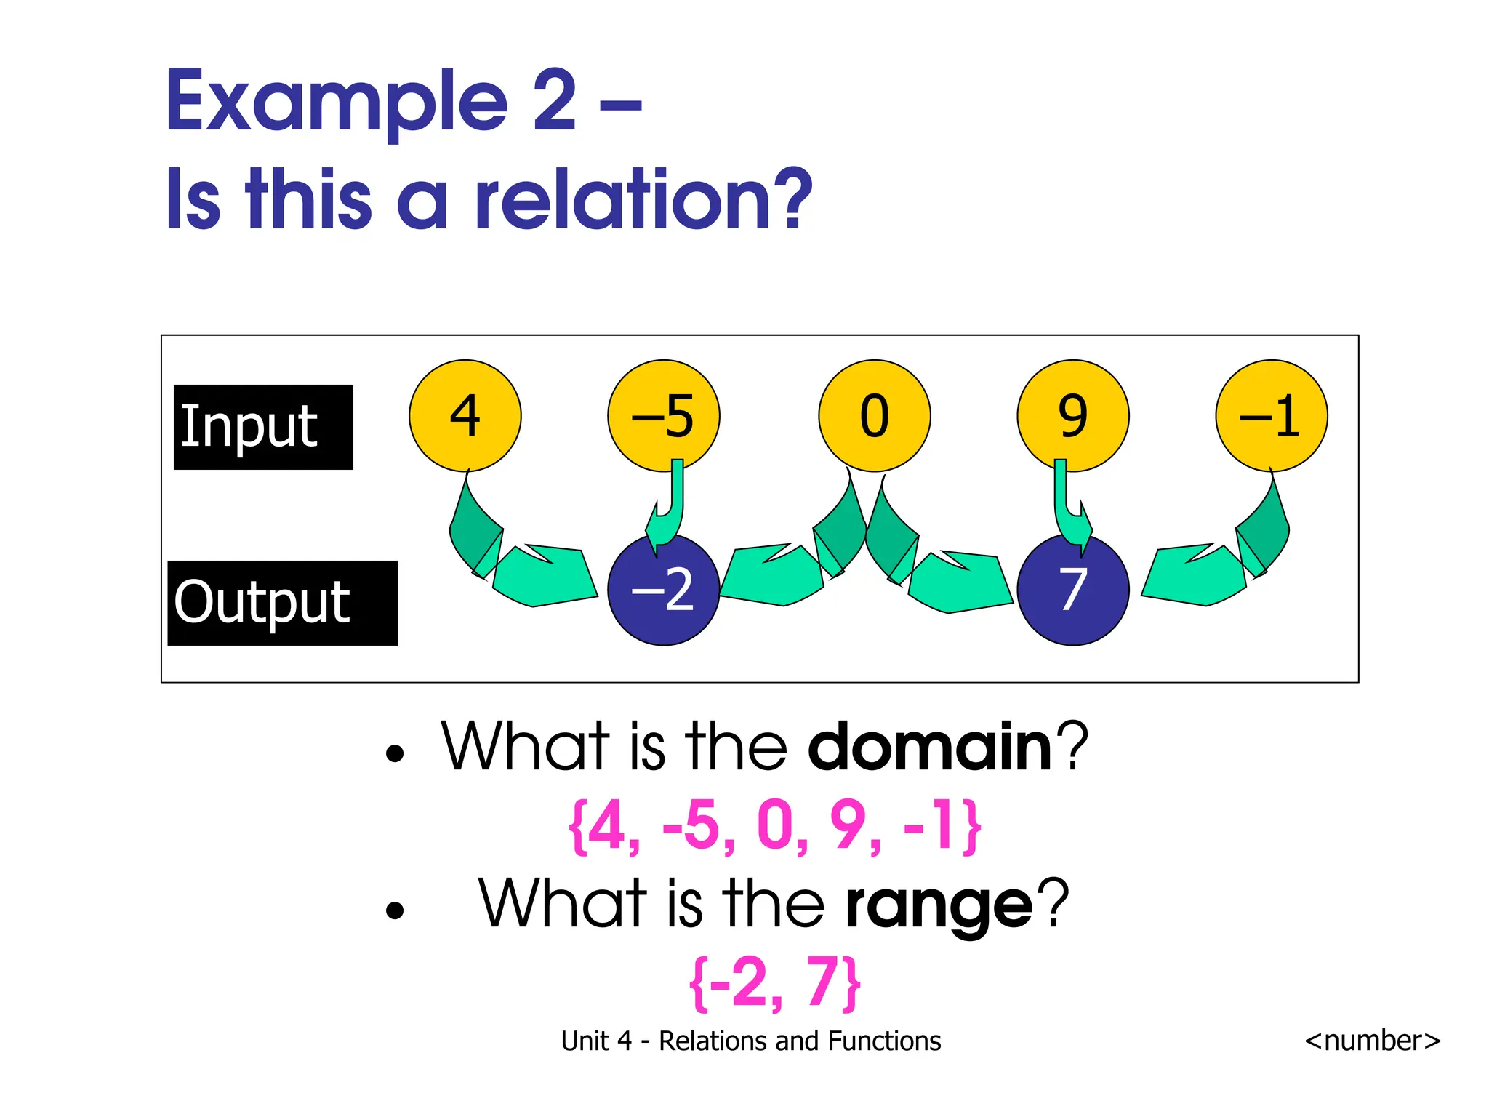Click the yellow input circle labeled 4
(465, 415)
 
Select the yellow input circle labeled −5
(663, 415)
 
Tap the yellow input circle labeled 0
(874, 415)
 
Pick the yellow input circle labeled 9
(1072, 415)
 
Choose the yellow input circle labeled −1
(1271, 415)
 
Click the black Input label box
(263, 427)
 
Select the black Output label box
(282, 603)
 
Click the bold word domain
(930, 747)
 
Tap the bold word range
(939, 904)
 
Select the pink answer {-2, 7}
(774, 983)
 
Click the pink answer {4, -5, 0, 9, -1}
(774, 826)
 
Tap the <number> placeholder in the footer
(1372, 1041)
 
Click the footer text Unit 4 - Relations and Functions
(750, 1041)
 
